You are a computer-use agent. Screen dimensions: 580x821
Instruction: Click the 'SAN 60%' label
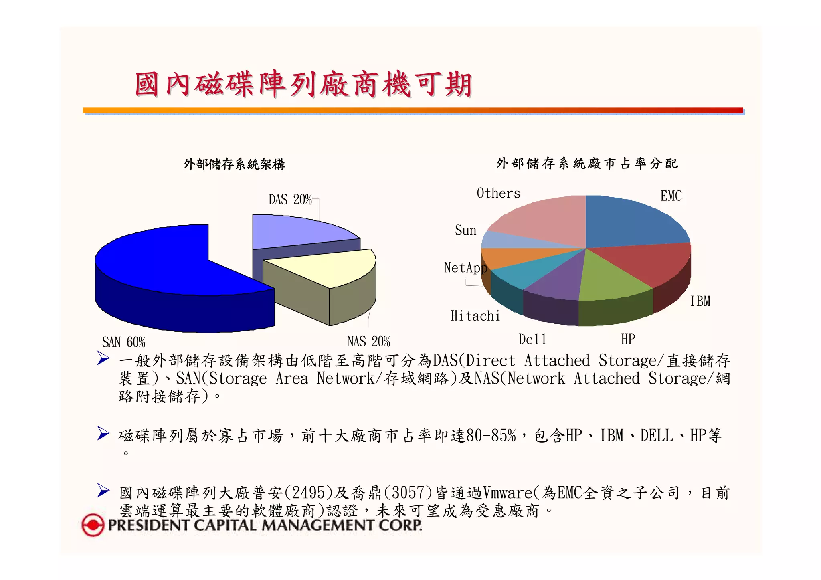123,342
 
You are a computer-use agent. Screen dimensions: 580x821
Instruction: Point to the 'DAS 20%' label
290,200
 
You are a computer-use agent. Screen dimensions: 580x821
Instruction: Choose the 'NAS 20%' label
368,342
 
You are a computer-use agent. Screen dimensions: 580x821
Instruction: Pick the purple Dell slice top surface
557,281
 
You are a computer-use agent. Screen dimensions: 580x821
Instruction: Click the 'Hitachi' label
475,316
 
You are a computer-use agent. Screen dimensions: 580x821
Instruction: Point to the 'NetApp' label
465,268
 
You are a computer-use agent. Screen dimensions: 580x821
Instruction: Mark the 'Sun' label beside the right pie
465,230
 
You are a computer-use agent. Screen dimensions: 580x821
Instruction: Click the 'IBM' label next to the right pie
700,301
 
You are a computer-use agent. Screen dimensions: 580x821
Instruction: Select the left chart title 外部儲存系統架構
234,164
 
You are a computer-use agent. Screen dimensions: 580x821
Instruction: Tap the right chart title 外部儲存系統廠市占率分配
587,164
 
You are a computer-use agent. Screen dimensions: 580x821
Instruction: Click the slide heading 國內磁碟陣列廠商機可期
303,85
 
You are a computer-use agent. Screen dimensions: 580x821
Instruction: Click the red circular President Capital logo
93,525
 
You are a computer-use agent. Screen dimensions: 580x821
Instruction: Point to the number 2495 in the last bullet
308,493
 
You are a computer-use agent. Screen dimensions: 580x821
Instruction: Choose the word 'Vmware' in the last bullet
508,493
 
